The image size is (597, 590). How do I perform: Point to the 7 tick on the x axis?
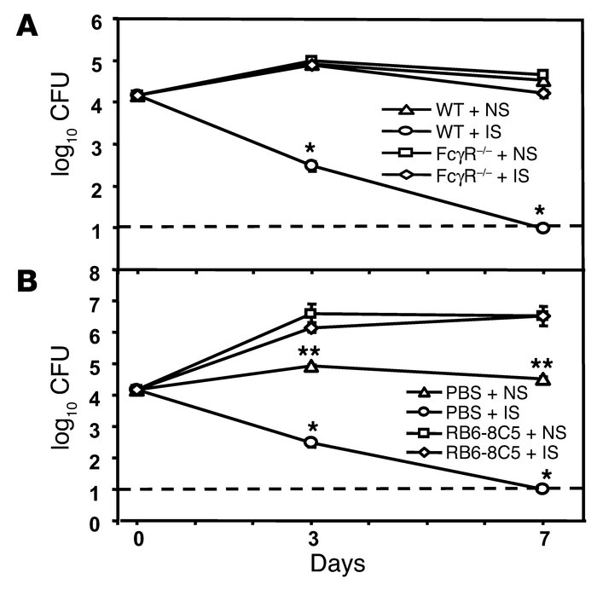[x=542, y=541]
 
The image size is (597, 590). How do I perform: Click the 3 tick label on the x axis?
[x=312, y=541]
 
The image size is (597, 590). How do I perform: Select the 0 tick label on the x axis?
[x=137, y=541]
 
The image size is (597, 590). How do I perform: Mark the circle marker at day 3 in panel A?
[x=312, y=165]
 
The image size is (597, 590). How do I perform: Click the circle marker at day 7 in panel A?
[x=542, y=228]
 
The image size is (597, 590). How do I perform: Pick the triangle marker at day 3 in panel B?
[x=312, y=366]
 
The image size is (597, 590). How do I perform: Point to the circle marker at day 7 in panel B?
[x=542, y=489]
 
